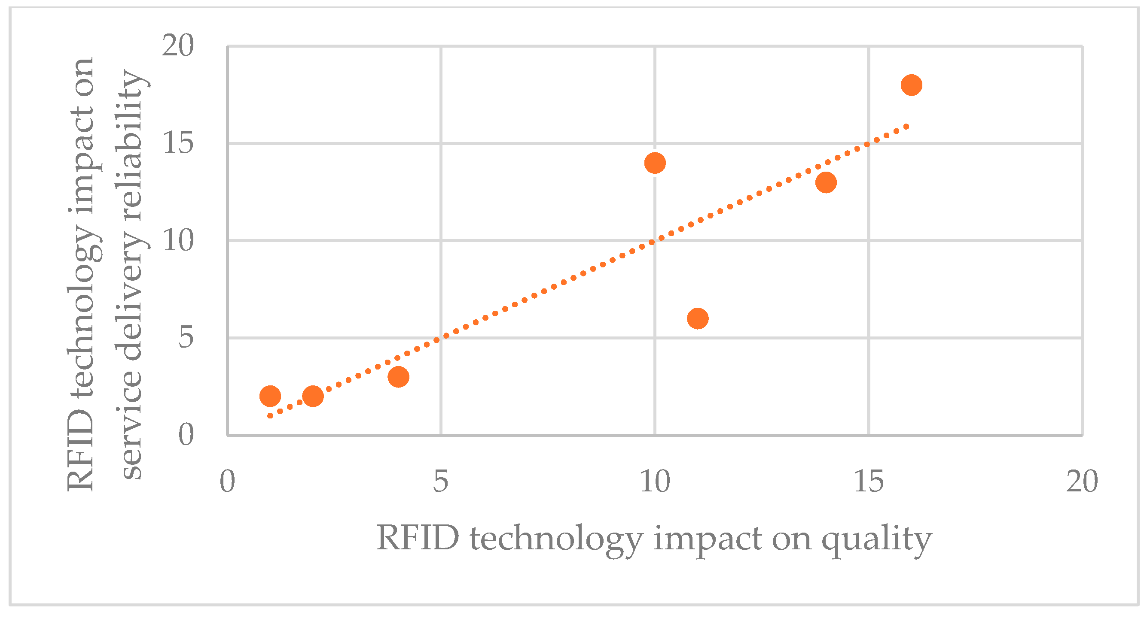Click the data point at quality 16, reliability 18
[x=911, y=85]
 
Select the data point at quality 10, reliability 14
[x=655, y=163]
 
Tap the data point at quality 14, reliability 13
[x=826, y=182]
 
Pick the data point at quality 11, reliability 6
[x=698, y=318]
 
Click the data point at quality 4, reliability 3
[x=399, y=377]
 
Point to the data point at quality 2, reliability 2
[x=313, y=396]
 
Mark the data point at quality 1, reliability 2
[x=270, y=396]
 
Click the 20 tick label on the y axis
[x=178, y=46]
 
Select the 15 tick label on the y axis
[x=178, y=143]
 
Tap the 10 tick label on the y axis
[x=178, y=241]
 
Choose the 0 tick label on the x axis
[x=227, y=482]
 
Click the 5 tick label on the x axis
[x=440, y=482]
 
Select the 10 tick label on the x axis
[x=655, y=482]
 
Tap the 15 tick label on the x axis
[x=868, y=482]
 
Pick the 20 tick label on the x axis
[x=1082, y=482]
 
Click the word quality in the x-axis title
[x=876, y=540]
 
